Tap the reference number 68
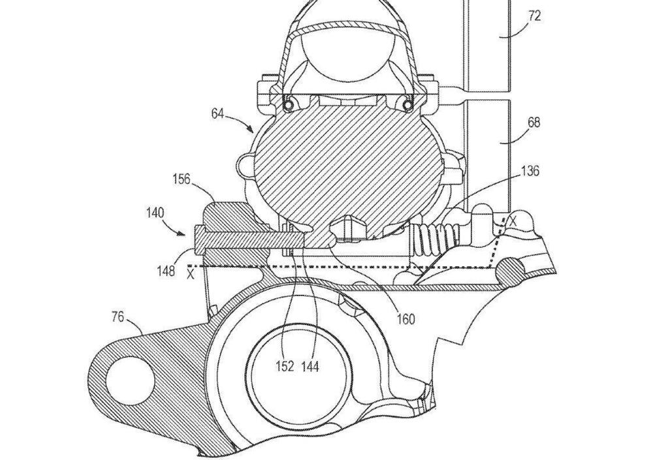coord(534,123)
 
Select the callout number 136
coord(530,171)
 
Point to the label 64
coord(217,114)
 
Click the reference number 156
coord(181,179)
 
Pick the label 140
coord(155,213)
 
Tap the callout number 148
coord(166,271)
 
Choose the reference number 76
coord(118,317)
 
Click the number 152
coord(285,367)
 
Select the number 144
coord(310,367)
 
